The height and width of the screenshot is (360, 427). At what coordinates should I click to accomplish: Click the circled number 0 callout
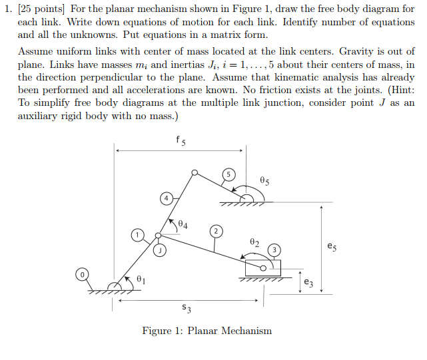[82, 274]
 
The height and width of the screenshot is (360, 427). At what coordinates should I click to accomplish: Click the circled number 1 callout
[137, 234]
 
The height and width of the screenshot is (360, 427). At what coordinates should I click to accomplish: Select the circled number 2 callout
[216, 230]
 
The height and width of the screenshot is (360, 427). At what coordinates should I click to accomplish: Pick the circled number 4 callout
[166, 198]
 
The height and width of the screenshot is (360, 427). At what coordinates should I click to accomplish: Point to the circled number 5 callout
[228, 174]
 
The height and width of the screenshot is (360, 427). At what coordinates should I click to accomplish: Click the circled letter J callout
[161, 250]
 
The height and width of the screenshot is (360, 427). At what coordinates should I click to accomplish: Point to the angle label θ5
[264, 181]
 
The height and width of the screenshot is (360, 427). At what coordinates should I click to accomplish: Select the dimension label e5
[332, 247]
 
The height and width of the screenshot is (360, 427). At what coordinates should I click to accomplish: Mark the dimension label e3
[308, 282]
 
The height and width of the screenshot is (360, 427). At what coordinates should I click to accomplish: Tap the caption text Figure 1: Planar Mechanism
[207, 331]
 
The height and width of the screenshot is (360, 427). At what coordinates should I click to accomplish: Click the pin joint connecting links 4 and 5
[195, 173]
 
